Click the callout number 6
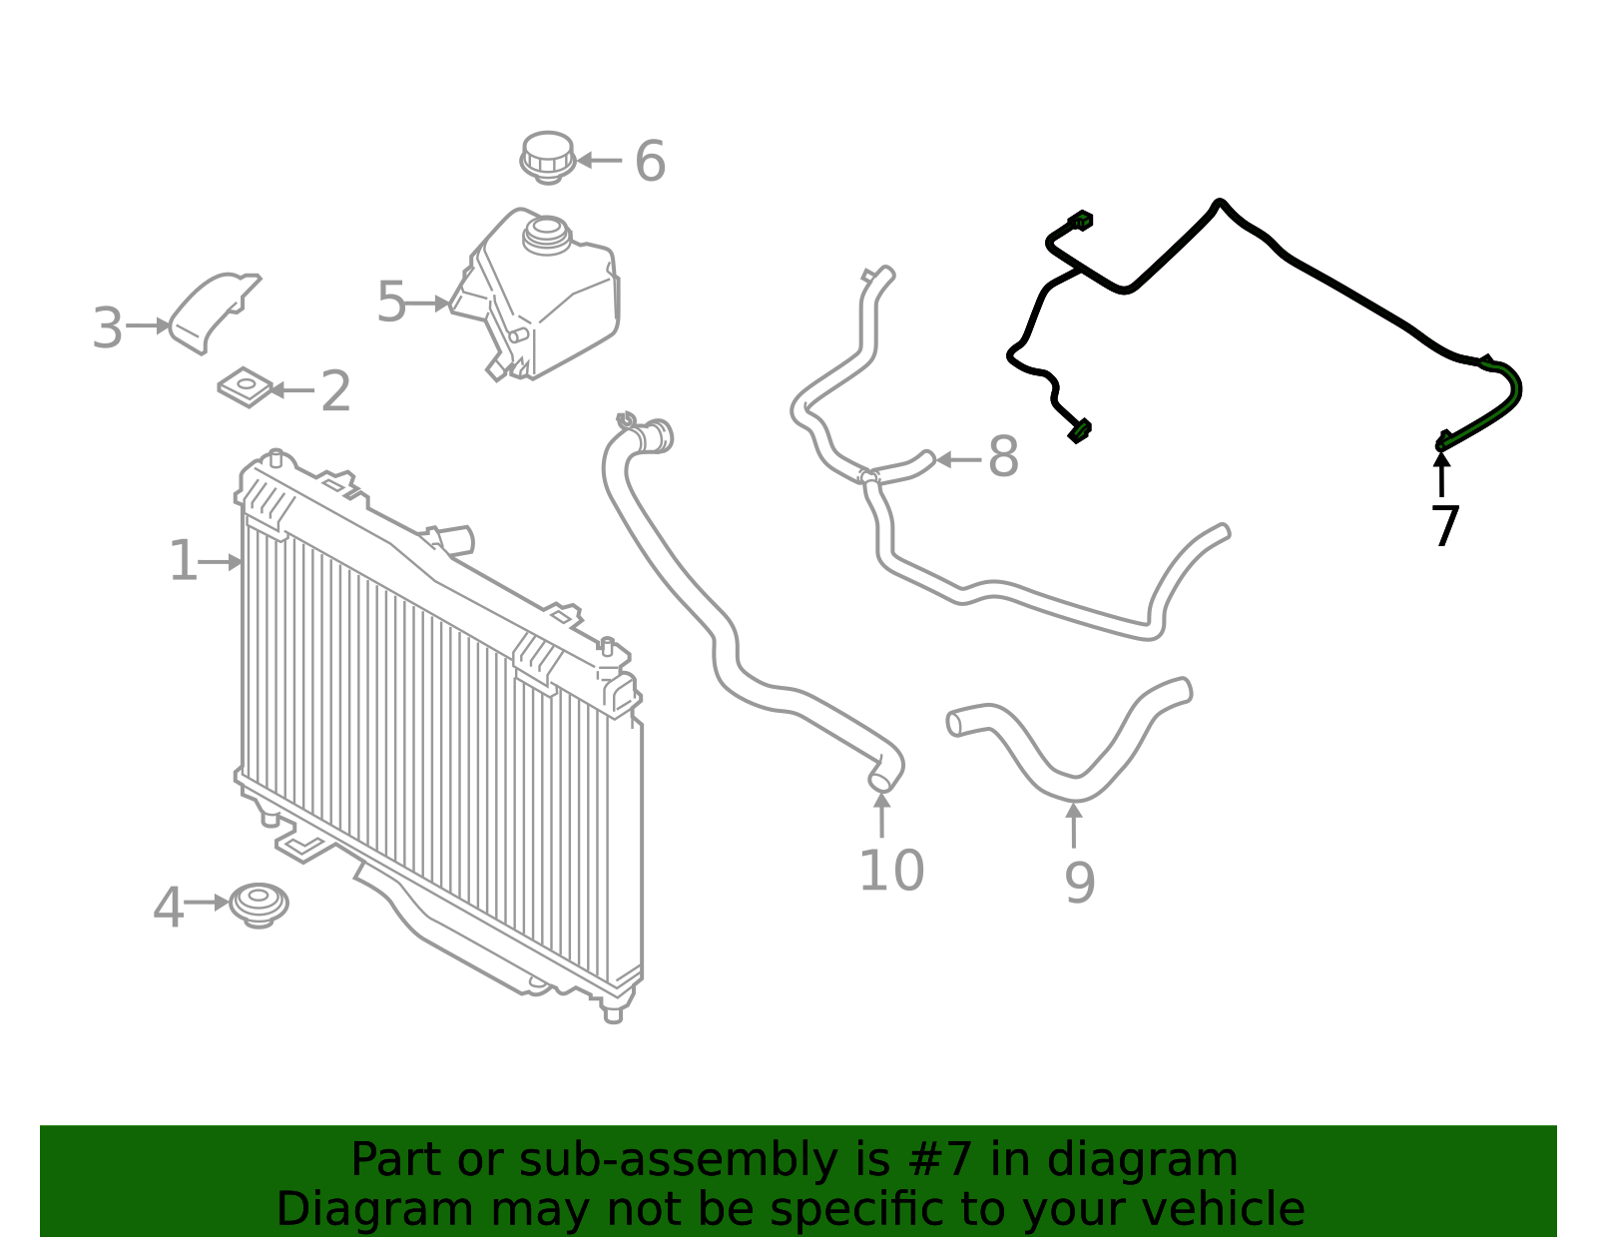[650, 161]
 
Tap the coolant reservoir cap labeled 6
[548, 158]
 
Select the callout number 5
[391, 302]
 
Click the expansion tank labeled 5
[535, 294]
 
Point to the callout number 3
[108, 327]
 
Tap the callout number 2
[335, 391]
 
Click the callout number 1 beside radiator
[184, 560]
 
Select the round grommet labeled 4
[259, 906]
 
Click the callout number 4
[169, 907]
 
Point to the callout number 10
[890, 870]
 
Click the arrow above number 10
[882, 815]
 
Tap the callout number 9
[1080, 883]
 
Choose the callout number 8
[1003, 456]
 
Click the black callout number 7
[1445, 526]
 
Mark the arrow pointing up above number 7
[1442, 474]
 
